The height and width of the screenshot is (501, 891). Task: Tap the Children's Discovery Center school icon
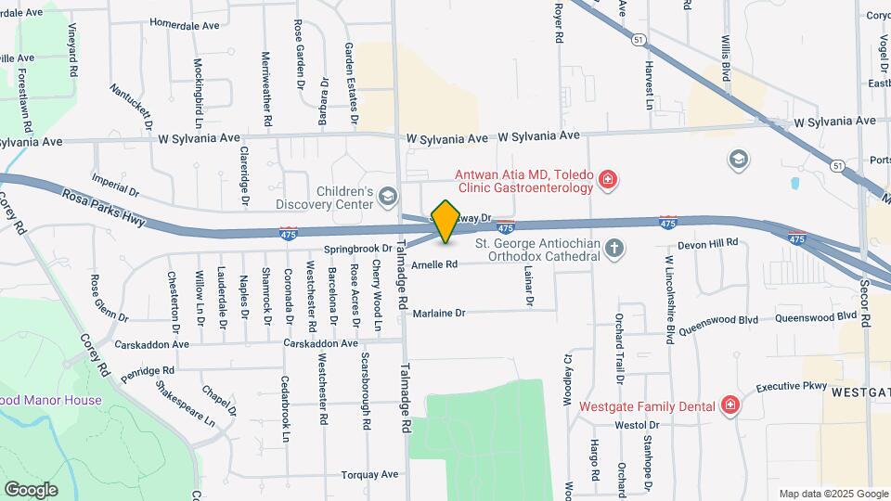387,195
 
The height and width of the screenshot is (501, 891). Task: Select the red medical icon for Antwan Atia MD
607,179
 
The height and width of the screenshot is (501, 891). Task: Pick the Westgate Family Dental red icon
730,405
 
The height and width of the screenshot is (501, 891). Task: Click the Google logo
31,489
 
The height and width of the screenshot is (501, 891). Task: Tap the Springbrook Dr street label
358,249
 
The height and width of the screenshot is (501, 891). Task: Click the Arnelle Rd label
434,264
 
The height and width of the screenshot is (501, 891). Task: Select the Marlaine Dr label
439,313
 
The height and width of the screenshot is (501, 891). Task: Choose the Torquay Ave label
369,474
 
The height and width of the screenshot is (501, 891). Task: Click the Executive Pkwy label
790,387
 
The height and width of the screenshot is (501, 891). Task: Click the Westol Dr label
636,425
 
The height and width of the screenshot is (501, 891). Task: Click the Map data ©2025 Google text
833,494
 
